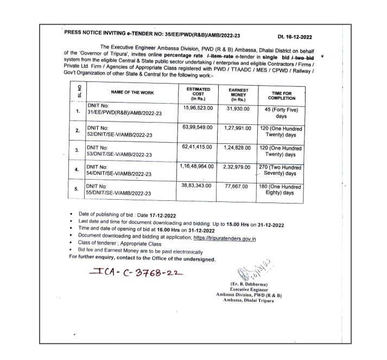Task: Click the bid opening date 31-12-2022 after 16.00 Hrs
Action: (172, 231)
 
